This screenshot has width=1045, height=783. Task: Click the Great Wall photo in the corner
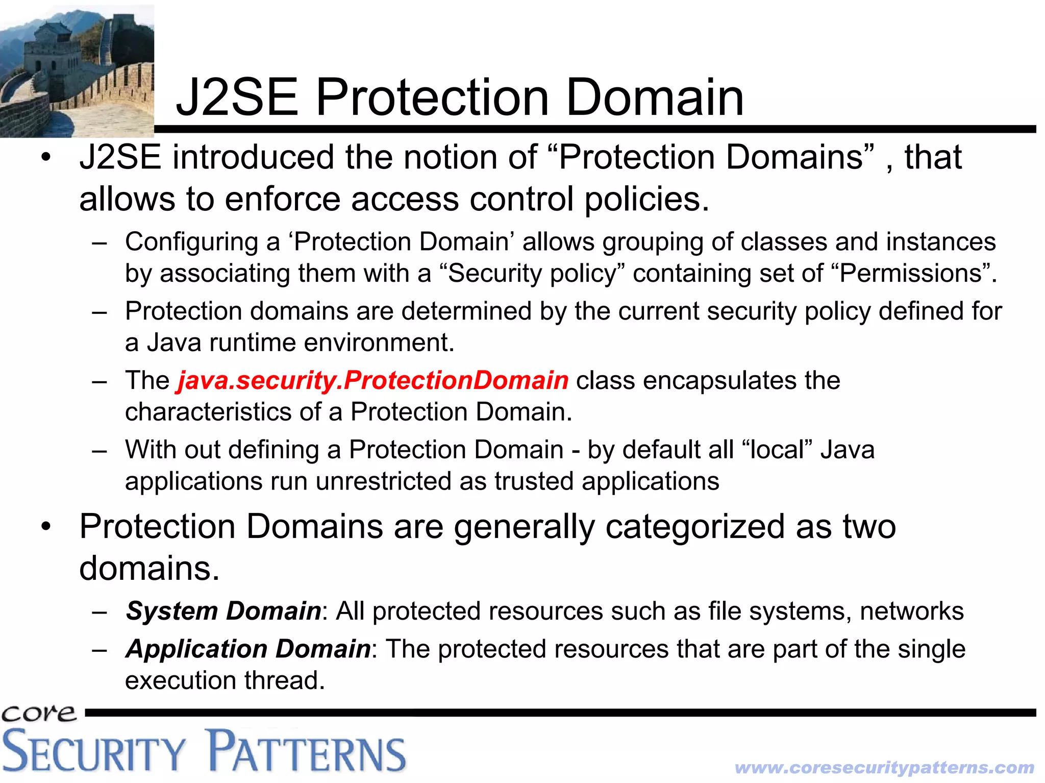click(77, 70)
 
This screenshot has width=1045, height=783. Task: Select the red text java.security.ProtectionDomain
click(372, 380)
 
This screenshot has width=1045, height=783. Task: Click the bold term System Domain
click(223, 611)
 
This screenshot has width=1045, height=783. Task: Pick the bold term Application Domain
click(248, 649)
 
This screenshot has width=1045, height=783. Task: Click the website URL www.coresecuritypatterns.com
click(884, 767)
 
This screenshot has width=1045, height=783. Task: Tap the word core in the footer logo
click(39, 713)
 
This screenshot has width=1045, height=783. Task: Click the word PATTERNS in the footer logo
click(308, 751)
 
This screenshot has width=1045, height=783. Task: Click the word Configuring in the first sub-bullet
click(191, 242)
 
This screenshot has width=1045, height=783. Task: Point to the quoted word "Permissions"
click(910, 273)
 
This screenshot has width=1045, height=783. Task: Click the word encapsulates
click(712, 380)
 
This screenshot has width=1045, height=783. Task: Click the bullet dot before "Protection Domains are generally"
click(46, 527)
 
